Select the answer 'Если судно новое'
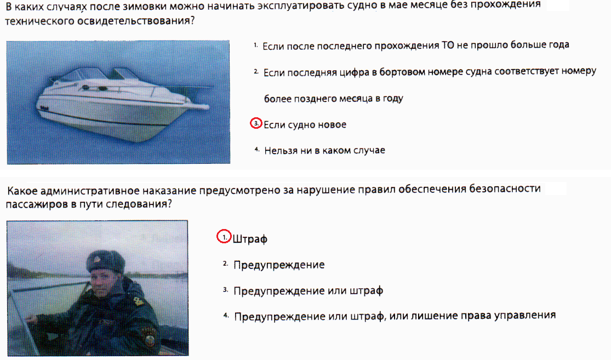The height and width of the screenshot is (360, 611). pyautogui.click(x=305, y=125)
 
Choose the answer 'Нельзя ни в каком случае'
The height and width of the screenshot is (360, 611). pyautogui.click(x=324, y=150)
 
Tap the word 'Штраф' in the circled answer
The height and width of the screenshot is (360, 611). pyautogui.click(x=250, y=239)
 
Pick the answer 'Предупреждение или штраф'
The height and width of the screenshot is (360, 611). pyautogui.click(x=308, y=290)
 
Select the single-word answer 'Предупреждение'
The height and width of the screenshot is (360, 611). pyautogui.click(x=279, y=265)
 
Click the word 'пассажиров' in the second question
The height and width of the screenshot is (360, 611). pyautogui.click(x=37, y=204)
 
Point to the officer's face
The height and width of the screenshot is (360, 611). pyautogui.click(x=105, y=282)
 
